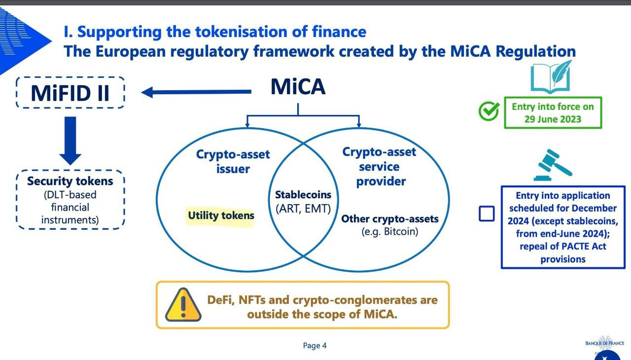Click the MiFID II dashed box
(x=70, y=93)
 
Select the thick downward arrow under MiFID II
(x=70, y=141)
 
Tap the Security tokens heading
(x=70, y=181)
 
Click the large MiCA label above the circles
(x=298, y=87)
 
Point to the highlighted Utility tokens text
(x=221, y=216)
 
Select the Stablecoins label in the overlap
(x=303, y=195)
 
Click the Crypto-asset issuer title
(x=233, y=161)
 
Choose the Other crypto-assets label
(x=389, y=218)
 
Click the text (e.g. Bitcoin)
(x=389, y=231)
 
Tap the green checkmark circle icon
(x=489, y=112)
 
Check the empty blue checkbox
(x=487, y=214)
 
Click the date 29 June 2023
(x=553, y=119)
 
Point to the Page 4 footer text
(x=315, y=346)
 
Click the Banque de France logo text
(x=604, y=343)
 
